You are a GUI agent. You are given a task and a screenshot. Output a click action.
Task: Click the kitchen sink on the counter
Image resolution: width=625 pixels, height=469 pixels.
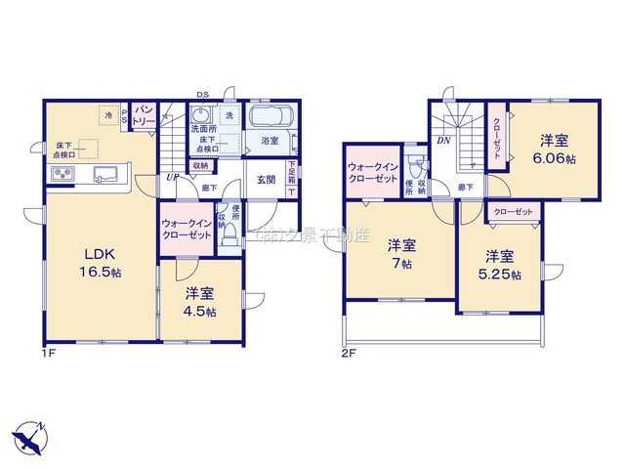pyautogui.click(x=105, y=175)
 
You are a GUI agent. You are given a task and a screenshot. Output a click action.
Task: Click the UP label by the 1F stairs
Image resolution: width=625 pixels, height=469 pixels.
pyautogui.click(x=172, y=178)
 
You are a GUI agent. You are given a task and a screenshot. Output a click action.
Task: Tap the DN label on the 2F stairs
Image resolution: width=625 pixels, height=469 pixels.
pyautogui.click(x=442, y=141)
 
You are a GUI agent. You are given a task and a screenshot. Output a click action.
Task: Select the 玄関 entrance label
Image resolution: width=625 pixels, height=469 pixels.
pyautogui.click(x=266, y=179)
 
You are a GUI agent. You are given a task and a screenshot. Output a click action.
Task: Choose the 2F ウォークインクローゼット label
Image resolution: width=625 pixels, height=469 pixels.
pyautogui.click(x=372, y=174)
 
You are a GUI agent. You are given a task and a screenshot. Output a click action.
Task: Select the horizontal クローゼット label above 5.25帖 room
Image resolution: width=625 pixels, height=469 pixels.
pyautogui.click(x=513, y=212)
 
